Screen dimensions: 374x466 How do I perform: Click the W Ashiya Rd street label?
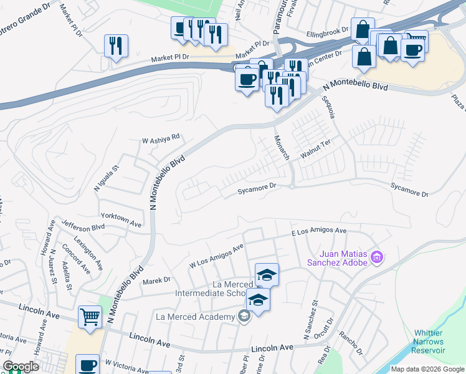click(161, 137)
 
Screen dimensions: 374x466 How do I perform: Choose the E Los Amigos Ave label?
click(319, 231)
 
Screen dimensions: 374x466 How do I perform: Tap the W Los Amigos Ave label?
click(216, 257)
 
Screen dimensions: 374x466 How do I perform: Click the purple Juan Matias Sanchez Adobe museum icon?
click(376, 257)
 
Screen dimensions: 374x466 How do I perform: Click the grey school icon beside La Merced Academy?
click(244, 317)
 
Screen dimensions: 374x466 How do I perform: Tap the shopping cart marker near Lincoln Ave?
click(90, 317)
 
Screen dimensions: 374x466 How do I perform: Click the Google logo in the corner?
click(21, 367)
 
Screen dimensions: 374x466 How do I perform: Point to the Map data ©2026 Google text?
click(427, 369)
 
